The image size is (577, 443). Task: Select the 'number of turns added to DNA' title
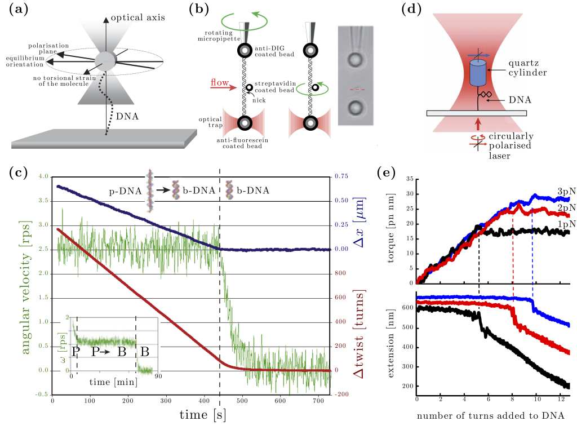click(490, 415)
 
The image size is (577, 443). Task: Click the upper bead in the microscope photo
click(356, 59)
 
